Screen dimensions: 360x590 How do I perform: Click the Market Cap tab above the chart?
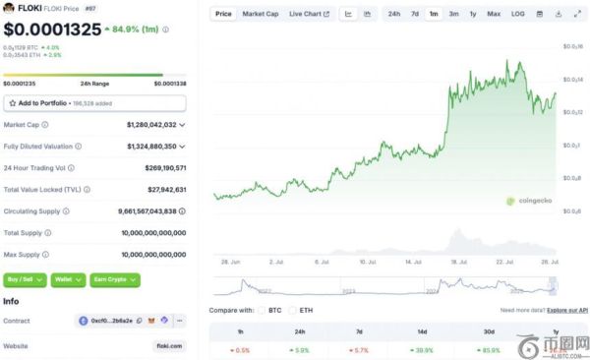[x=260, y=14]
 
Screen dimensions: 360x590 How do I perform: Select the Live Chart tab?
[x=309, y=14]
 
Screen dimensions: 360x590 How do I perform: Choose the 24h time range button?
[x=393, y=14]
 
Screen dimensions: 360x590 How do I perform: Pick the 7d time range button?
[x=415, y=14]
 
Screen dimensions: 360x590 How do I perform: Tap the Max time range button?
[x=493, y=14]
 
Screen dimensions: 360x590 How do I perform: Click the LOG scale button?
[x=518, y=14]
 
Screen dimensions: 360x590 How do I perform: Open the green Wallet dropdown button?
[x=69, y=279]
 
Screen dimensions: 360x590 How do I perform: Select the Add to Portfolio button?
[x=94, y=102]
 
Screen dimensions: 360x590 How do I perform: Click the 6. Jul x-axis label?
[x=321, y=263]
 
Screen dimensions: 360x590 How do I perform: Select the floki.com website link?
[x=169, y=345]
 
